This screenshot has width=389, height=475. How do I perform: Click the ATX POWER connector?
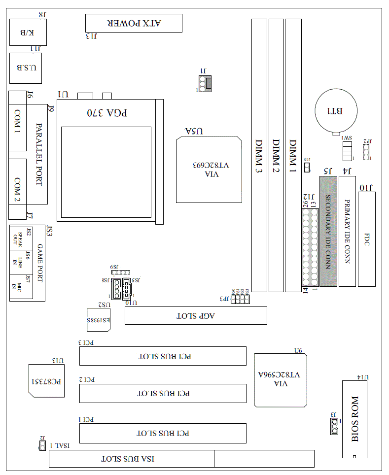pos(134,23)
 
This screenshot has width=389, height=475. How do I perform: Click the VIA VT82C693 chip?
pos(209,170)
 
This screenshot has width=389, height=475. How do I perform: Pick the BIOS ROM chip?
pos(355,419)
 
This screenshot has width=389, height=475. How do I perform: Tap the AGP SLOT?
pos(196,315)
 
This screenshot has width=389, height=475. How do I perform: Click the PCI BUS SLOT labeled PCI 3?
pos(163,356)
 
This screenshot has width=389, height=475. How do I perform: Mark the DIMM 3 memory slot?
pos(259,155)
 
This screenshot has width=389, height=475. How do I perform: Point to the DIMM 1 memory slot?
pos(293,155)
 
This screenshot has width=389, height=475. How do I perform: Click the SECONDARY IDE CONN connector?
pos(327,232)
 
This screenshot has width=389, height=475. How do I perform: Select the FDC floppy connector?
pos(366,239)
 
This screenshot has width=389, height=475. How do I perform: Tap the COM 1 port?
pos(17,122)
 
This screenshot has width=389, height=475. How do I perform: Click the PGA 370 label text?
pos(107,112)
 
